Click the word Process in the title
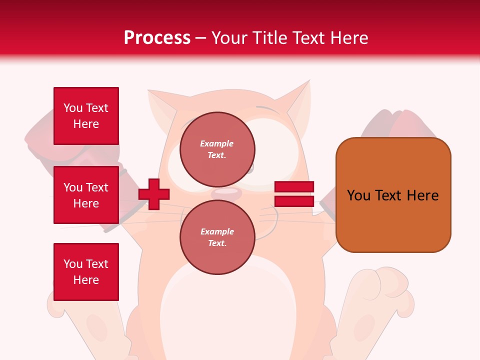coord(157,38)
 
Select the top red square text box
coord(86,116)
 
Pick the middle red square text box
coord(86,195)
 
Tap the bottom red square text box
coord(86,271)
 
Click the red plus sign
coord(154,194)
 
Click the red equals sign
coord(294,194)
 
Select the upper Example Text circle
coord(217,149)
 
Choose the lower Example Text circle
coord(217,237)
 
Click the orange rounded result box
coord(393,195)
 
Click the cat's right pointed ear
coord(297,100)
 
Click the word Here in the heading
coord(349,38)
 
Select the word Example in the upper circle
coord(217,143)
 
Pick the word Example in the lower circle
coord(217,231)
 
